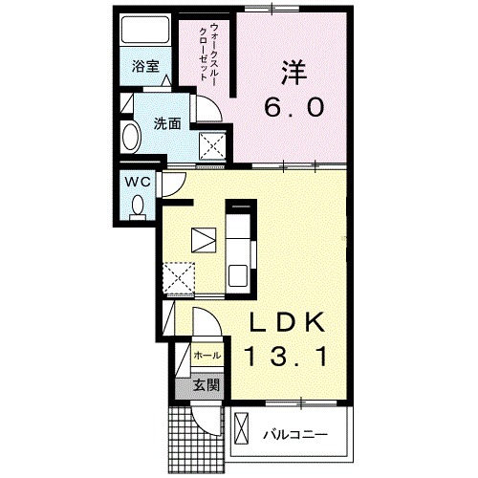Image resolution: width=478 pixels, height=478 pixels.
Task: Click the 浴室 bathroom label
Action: click(x=145, y=68)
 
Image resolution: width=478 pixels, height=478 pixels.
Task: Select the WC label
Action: click(x=135, y=181)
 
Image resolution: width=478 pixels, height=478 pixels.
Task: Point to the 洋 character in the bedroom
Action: click(x=293, y=71)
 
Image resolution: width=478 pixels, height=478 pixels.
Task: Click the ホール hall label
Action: click(x=207, y=356)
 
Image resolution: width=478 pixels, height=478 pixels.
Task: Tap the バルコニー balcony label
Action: click(x=296, y=434)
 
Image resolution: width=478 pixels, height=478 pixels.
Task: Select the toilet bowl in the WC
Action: click(x=138, y=205)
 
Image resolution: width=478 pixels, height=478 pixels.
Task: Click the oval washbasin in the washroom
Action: click(x=132, y=138)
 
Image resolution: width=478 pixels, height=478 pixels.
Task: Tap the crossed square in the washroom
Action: click(x=211, y=144)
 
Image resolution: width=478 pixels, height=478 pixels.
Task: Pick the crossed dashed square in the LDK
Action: click(x=177, y=278)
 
